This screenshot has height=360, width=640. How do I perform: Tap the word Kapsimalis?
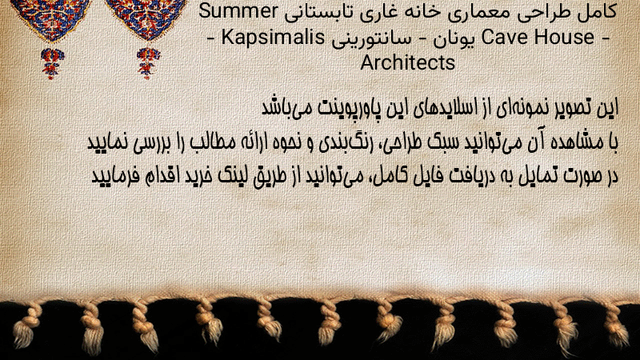pyautogui.click(x=273, y=38)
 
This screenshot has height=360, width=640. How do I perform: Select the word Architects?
pyautogui.click(x=407, y=62)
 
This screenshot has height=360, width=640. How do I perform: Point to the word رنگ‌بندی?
pyautogui.click(x=342, y=143)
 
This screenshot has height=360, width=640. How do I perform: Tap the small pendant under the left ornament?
pyautogui.click(x=52, y=63)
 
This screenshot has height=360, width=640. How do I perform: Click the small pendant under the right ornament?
pyautogui.click(x=148, y=63)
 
